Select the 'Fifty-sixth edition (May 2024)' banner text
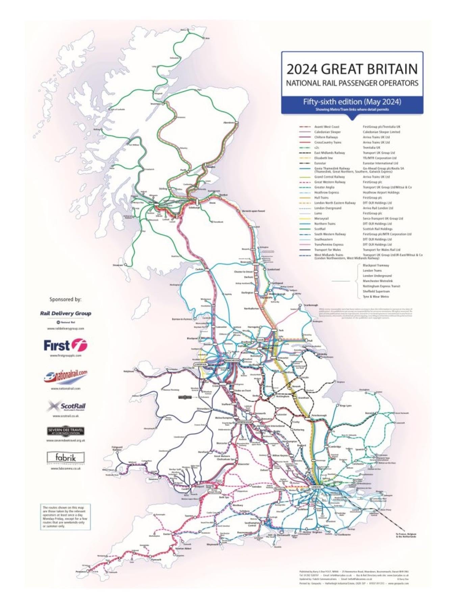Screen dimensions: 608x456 click(352, 102)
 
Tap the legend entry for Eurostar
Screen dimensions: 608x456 click(320, 163)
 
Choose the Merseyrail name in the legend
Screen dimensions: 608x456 click(321, 219)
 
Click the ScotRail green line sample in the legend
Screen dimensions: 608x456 click(305, 229)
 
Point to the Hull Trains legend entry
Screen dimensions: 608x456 click(321, 198)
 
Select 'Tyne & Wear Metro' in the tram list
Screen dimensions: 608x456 click(376, 297)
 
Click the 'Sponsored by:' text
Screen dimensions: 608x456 click(65, 299)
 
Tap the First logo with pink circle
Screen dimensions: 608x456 click(66, 345)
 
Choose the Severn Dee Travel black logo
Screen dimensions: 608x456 click(66, 431)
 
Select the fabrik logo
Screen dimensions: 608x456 click(66, 458)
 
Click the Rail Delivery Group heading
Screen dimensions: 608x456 click(66, 313)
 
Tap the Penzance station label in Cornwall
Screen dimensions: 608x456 click(81, 572)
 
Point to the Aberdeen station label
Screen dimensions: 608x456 click(229, 123)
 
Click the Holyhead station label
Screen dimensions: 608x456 click(129, 371)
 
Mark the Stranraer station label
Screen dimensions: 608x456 click(118, 265)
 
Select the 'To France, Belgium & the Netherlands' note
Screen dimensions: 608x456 click(406, 535)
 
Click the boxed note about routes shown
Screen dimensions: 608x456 click(65, 517)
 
